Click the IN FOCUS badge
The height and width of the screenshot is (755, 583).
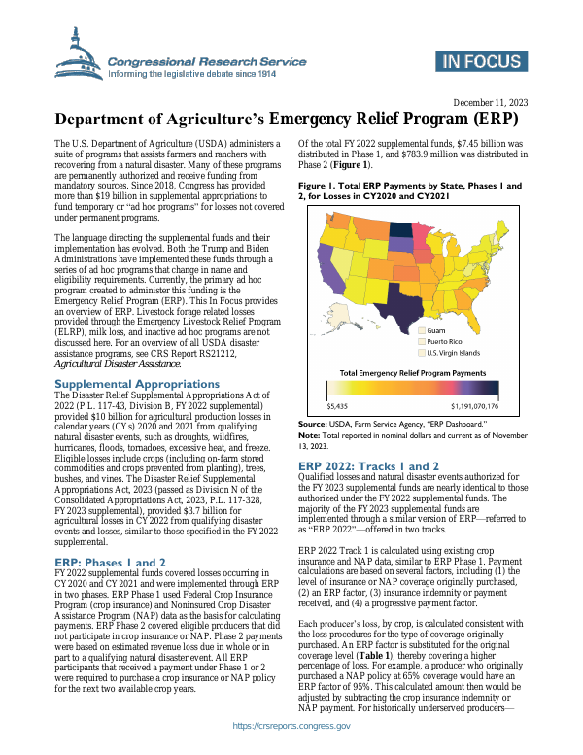pos(481,62)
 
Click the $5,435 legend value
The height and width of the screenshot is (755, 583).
pos(338,407)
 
